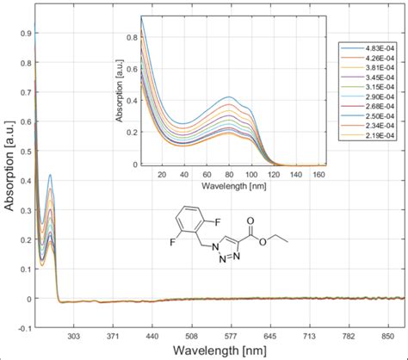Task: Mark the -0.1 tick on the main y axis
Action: coord(25,328)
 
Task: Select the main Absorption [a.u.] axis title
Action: coord(9,172)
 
